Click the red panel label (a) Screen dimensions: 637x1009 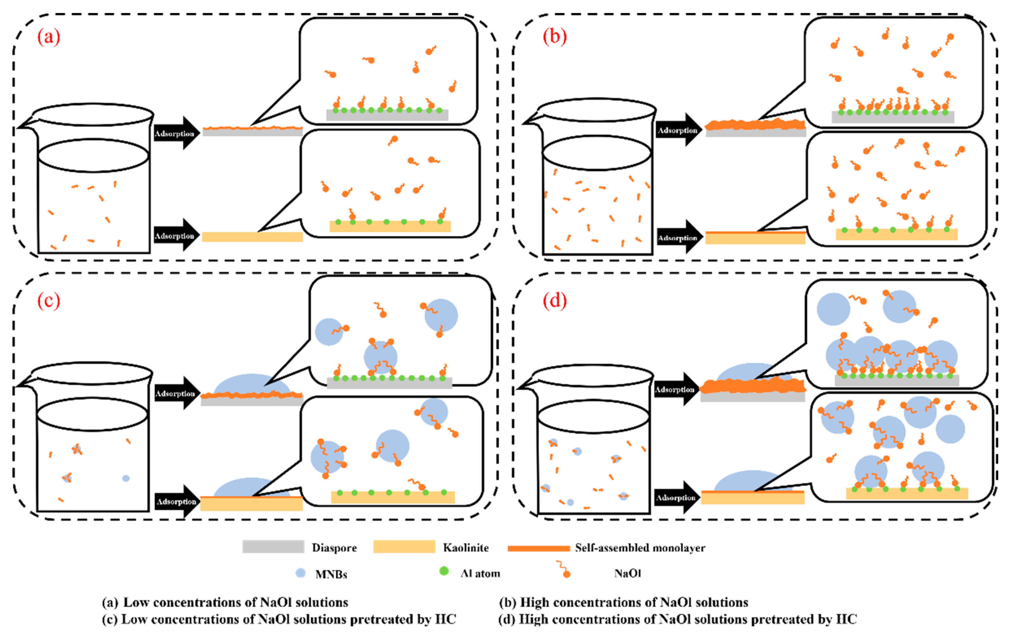coord(48,37)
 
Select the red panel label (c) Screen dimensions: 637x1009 coord(48,301)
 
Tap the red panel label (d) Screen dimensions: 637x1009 coord(554,301)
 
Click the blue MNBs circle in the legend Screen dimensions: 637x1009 coord(300,573)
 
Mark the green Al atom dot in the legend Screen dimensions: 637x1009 coord(444,571)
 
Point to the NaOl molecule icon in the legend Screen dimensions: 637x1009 coord(563,570)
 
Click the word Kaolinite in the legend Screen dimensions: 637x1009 coord(466,548)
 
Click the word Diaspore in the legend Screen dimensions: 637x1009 coord(334,548)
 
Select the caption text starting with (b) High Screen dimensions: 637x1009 coord(623,602)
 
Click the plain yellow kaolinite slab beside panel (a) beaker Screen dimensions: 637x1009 coord(252,237)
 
